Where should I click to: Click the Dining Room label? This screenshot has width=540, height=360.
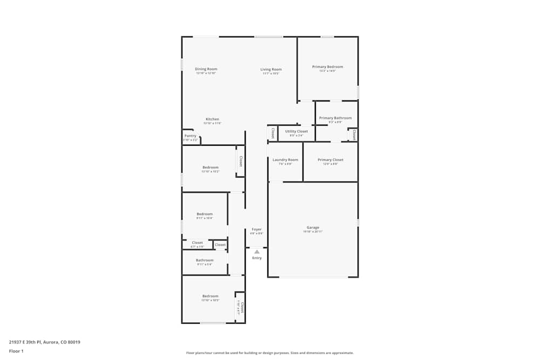click(206, 69)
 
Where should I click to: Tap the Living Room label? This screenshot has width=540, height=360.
click(271, 69)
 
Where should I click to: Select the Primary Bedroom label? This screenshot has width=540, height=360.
click(327, 67)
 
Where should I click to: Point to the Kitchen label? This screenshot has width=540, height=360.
click(212, 119)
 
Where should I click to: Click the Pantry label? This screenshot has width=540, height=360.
click(190, 136)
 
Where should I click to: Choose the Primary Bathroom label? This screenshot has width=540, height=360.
click(335, 118)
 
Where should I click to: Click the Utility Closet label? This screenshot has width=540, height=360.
click(296, 131)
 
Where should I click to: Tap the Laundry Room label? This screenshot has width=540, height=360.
click(285, 160)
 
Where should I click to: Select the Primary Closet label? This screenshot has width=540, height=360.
click(330, 160)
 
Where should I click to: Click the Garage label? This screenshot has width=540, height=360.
click(313, 228)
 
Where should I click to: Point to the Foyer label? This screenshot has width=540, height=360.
click(256, 229)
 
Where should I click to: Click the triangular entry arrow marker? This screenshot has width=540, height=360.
click(257, 252)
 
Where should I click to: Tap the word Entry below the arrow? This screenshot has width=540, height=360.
click(257, 258)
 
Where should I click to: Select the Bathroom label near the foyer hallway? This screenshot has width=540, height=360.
click(205, 260)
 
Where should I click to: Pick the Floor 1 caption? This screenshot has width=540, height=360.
click(16, 351)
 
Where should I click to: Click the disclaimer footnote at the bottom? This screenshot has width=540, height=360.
click(269, 353)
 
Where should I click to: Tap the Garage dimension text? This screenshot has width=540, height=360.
click(313, 232)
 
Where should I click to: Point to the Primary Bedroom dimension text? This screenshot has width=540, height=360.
click(327, 71)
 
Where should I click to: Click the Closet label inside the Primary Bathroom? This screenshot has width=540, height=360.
click(354, 134)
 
